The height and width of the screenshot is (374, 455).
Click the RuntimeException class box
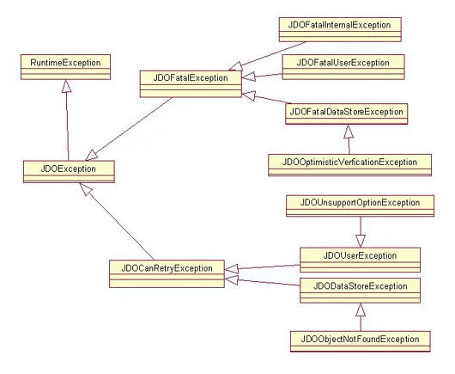coord(65,67)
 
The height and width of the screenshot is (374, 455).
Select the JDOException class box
coord(69,171)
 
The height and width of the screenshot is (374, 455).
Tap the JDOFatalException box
coord(191,83)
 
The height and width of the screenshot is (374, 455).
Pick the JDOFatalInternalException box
coord(340,29)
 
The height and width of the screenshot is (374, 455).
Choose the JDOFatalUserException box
coord(343,67)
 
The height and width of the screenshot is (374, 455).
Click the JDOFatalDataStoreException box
coord(347,113)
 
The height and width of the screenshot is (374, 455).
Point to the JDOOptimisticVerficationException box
coord(350,165)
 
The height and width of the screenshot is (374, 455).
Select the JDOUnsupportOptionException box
coord(360,205)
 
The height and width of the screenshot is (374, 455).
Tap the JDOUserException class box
coord(360,260)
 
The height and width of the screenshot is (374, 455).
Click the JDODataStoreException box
coord(360,291)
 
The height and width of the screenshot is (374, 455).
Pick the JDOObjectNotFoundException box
coord(361,341)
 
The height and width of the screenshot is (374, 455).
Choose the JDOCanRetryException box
coord(167,273)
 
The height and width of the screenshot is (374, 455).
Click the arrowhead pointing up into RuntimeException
coord(66,86)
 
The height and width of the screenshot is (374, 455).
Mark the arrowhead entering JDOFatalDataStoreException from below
coord(349,132)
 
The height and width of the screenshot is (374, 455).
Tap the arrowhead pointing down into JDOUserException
coord(361,241)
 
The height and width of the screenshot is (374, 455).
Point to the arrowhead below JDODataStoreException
coord(361,310)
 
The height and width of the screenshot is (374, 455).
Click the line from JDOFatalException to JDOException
coord(129,129)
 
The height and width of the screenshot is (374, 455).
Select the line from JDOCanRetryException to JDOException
coord(117,222)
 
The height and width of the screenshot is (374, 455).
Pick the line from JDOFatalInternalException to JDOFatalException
coord(267,56)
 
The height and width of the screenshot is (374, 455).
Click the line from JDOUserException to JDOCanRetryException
coord(263,267)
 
